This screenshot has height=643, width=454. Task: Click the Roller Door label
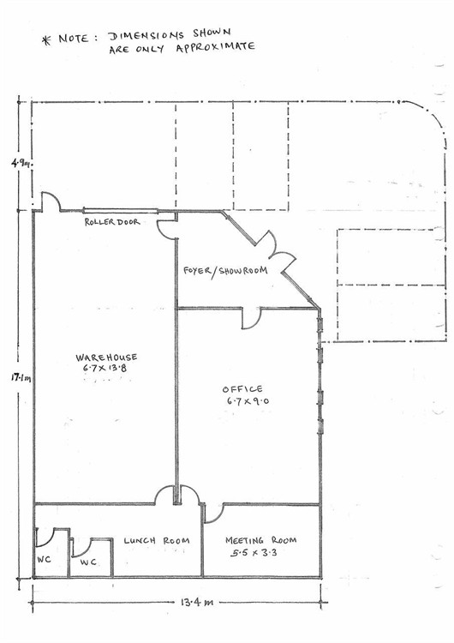coord(112,222)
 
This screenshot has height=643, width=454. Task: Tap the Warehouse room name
coord(106,358)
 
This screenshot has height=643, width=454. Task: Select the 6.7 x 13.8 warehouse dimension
coord(105,368)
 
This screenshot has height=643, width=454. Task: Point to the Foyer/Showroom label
coord(225,271)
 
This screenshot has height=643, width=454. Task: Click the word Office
coord(242,388)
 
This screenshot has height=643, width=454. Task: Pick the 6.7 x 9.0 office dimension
coord(248,400)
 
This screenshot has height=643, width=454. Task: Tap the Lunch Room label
coord(157,540)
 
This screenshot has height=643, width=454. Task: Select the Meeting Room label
coord(260,540)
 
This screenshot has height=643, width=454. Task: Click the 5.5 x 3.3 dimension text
coord(254,553)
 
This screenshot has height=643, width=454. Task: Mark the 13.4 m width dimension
coord(197,603)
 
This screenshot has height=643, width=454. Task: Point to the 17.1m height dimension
coord(21,378)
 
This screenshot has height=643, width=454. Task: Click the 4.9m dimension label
coord(21,163)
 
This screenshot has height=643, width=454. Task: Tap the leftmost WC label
coord(44,559)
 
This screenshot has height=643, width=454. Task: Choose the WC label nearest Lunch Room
coord(88,562)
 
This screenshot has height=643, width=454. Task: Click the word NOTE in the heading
coord(74,39)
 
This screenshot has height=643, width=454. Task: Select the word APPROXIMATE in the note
coord(216,47)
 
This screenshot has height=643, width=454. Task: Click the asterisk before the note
coord(46,40)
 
